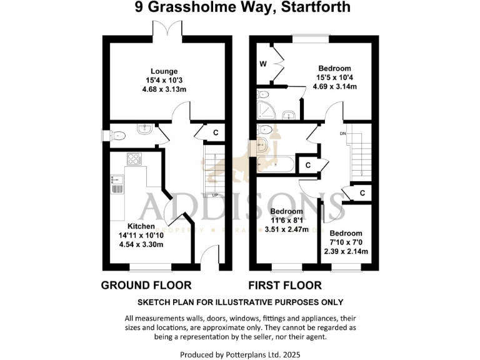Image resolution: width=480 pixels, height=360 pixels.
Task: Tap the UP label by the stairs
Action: point(215,195)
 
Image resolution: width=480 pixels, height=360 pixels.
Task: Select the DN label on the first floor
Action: point(342,133)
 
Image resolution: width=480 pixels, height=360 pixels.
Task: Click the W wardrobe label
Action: point(262,64)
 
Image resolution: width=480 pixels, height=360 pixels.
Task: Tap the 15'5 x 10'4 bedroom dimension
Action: point(334,77)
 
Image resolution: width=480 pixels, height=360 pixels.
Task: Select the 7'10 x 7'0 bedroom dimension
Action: point(346,242)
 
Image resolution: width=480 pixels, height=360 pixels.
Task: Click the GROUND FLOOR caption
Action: point(146,286)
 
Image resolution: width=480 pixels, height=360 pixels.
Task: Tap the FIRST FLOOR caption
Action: point(285,286)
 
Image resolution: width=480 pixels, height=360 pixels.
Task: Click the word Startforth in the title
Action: point(316,8)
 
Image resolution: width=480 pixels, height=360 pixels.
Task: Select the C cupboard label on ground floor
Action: point(215,132)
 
